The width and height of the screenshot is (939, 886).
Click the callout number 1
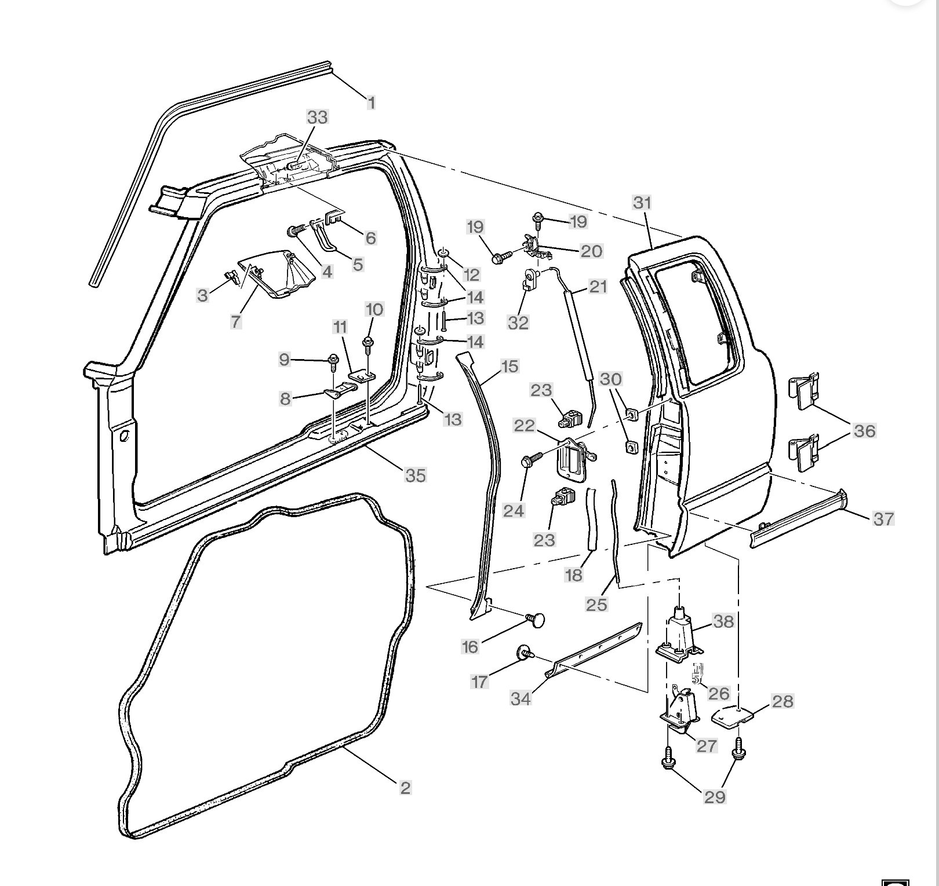[x=372, y=103]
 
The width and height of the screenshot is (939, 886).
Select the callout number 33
[x=317, y=117]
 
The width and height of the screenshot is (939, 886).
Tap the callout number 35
[x=415, y=475]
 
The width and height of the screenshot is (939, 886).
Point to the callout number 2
[x=405, y=788]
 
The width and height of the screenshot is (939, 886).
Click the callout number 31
[x=642, y=203]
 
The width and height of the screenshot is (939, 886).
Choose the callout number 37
[x=883, y=519]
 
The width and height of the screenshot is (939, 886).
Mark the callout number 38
[x=723, y=621]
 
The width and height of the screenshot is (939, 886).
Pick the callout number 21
[x=598, y=287]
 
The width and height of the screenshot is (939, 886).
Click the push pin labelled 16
[x=537, y=620]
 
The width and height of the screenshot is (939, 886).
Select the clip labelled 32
[x=529, y=280]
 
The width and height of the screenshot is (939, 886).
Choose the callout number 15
[x=509, y=367]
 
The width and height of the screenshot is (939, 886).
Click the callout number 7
[x=236, y=321]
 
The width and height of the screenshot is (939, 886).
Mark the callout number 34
[x=521, y=699]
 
